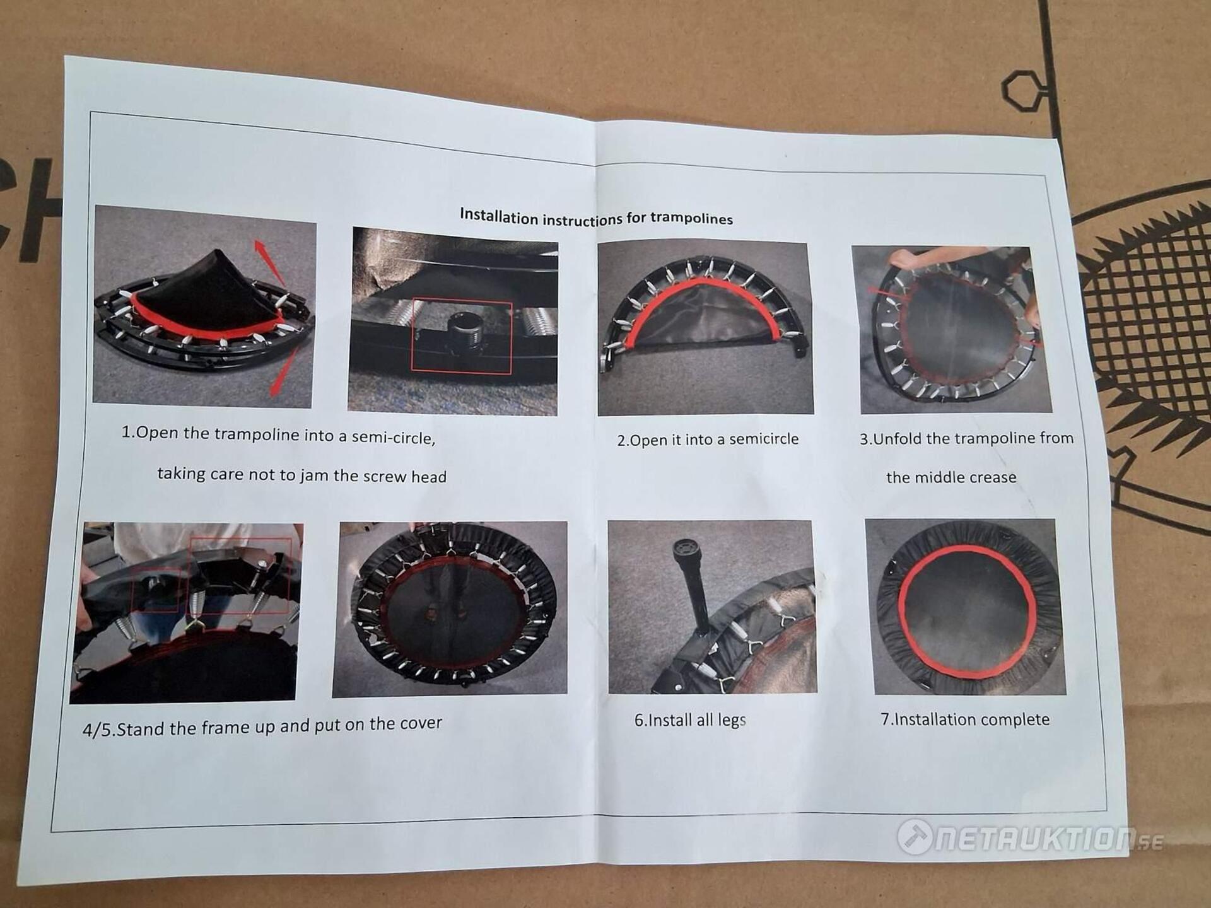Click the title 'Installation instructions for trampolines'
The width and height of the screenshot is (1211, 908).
tap(596, 217)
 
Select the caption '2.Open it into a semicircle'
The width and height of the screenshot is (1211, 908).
tap(708, 439)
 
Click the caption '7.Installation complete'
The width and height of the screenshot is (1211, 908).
tap(965, 719)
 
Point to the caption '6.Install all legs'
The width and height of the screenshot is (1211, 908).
tap(690, 720)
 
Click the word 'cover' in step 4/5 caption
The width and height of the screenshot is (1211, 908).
tap(416, 723)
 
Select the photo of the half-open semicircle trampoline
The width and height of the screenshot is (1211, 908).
tap(705, 328)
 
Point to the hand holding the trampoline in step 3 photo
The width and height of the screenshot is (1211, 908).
tap(906, 257)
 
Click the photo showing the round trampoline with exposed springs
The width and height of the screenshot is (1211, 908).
tap(450, 608)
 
